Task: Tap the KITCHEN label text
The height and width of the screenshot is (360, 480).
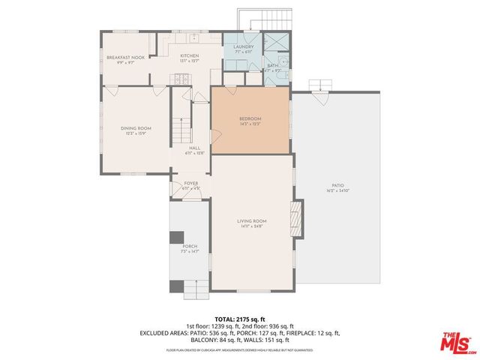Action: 189,57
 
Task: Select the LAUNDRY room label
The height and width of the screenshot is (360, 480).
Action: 243,48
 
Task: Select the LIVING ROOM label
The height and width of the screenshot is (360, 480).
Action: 252,222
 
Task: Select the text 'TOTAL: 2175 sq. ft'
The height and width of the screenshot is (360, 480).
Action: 240,319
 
